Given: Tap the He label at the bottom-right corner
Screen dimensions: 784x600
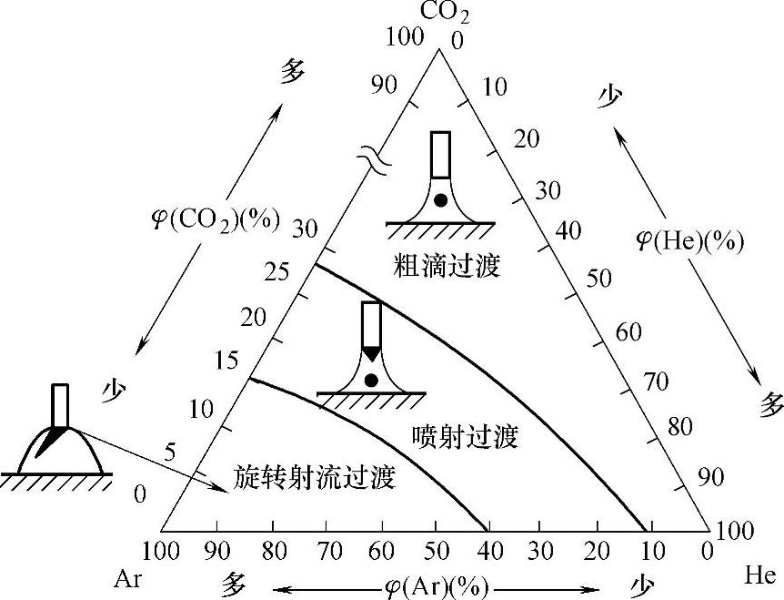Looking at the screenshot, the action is pyautogui.click(x=759, y=575).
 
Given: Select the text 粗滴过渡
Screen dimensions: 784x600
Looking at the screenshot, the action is pyautogui.click(x=447, y=266).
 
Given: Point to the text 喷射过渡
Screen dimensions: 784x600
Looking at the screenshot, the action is pyautogui.click(x=465, y=436).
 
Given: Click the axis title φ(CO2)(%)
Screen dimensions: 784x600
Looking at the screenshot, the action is pyautogui.click(x=216, y=219).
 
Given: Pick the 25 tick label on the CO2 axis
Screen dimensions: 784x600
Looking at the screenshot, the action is pyautogui.click(x=273, y=271).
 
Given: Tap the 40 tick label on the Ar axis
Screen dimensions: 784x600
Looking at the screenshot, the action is pyautogui.click(x=490, y=551).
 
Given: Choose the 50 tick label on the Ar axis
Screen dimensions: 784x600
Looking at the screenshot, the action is pyautogui.click(x=437, y=551).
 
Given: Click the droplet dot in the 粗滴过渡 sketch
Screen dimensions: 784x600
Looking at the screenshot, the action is pyautogui.click(x=440, y=200).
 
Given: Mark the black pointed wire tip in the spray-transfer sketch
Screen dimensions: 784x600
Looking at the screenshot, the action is pyautogui.click(x=371, y=352).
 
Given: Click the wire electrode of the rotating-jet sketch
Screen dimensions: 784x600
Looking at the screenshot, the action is pyautogui.click(x=60, y=404).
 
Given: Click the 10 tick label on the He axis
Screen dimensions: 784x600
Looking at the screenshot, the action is pyautogui.click(x=497, y=87).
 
